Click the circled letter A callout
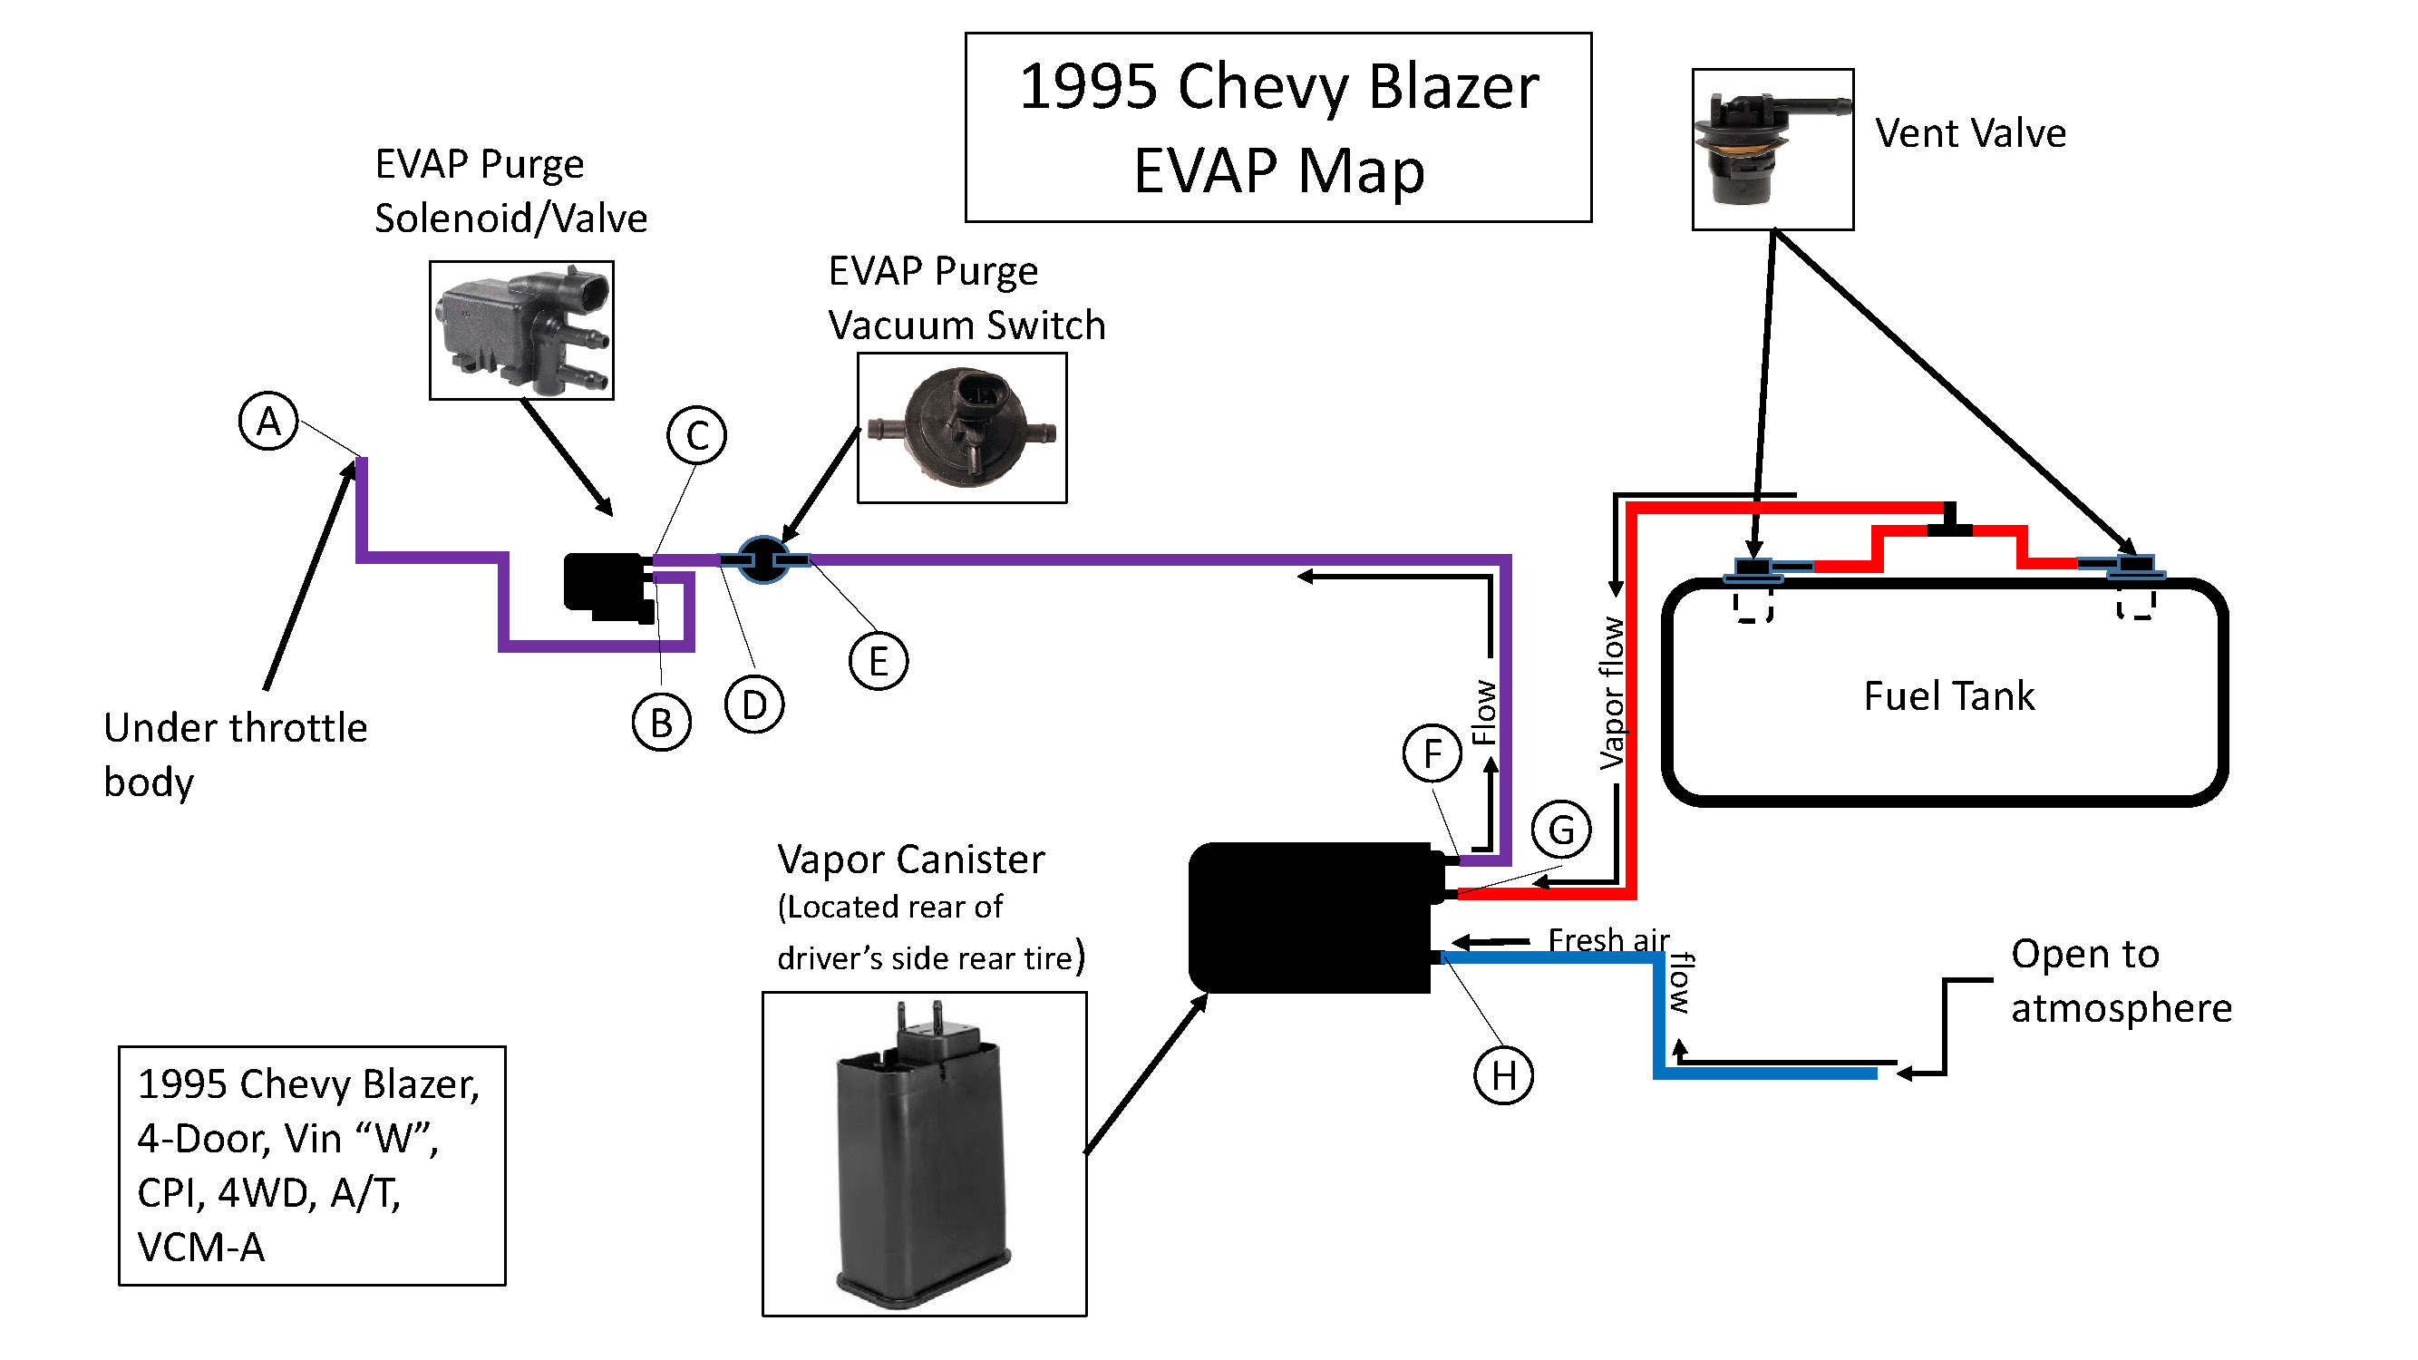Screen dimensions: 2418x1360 [x=268, y=421]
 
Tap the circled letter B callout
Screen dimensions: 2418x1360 [x=662, y=723]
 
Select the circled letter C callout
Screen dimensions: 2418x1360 [x=696, y=434]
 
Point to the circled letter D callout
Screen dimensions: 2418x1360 [x=754, y=704]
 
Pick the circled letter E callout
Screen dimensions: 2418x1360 [x=879, y=661]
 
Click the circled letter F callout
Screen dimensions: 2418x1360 [x=1432, y=753]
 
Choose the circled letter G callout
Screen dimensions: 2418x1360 [x=1561, y=830]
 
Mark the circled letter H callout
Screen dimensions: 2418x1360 [x=1504, y=1074]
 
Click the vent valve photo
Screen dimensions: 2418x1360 [x=1773, y=150]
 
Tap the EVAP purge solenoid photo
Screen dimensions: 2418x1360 [x=522, y=330]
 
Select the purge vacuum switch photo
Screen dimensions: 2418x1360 [x=962, y=428]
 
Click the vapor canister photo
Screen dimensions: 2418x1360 [x=925, y=1154]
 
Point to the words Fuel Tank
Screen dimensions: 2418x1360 [x=1948, y=695]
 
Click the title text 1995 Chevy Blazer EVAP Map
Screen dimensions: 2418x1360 [x=1278, y=128]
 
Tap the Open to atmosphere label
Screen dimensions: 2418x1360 [x=2121, y=981]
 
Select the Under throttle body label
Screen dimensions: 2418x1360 [x=236, y=754]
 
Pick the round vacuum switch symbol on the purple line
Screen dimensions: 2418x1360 [x=763, y=560]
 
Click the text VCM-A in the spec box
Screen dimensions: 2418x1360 [x=201, y=1248]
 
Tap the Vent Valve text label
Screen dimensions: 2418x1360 [x=1971, y=133]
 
